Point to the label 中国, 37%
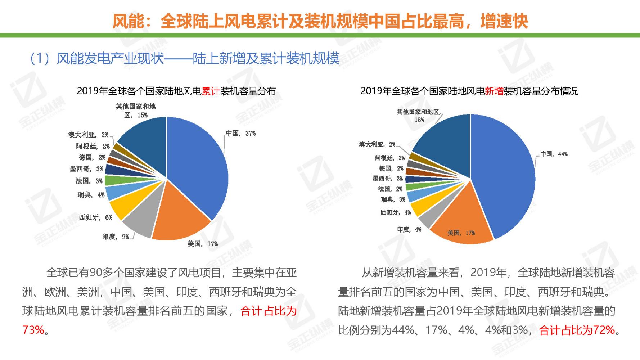point(241,134)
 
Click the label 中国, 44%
point(554,154)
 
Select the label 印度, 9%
point(116,237)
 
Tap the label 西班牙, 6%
point(96,217)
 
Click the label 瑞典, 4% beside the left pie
point(91,195)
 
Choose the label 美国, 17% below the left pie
point(203,244)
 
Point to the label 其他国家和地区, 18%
point(419,116)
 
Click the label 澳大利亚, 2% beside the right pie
point(377,145)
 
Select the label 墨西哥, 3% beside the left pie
point(86,169)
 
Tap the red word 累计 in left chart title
point(211,91)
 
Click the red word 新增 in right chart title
point(494,91)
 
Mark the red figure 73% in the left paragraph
point(33,330)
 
